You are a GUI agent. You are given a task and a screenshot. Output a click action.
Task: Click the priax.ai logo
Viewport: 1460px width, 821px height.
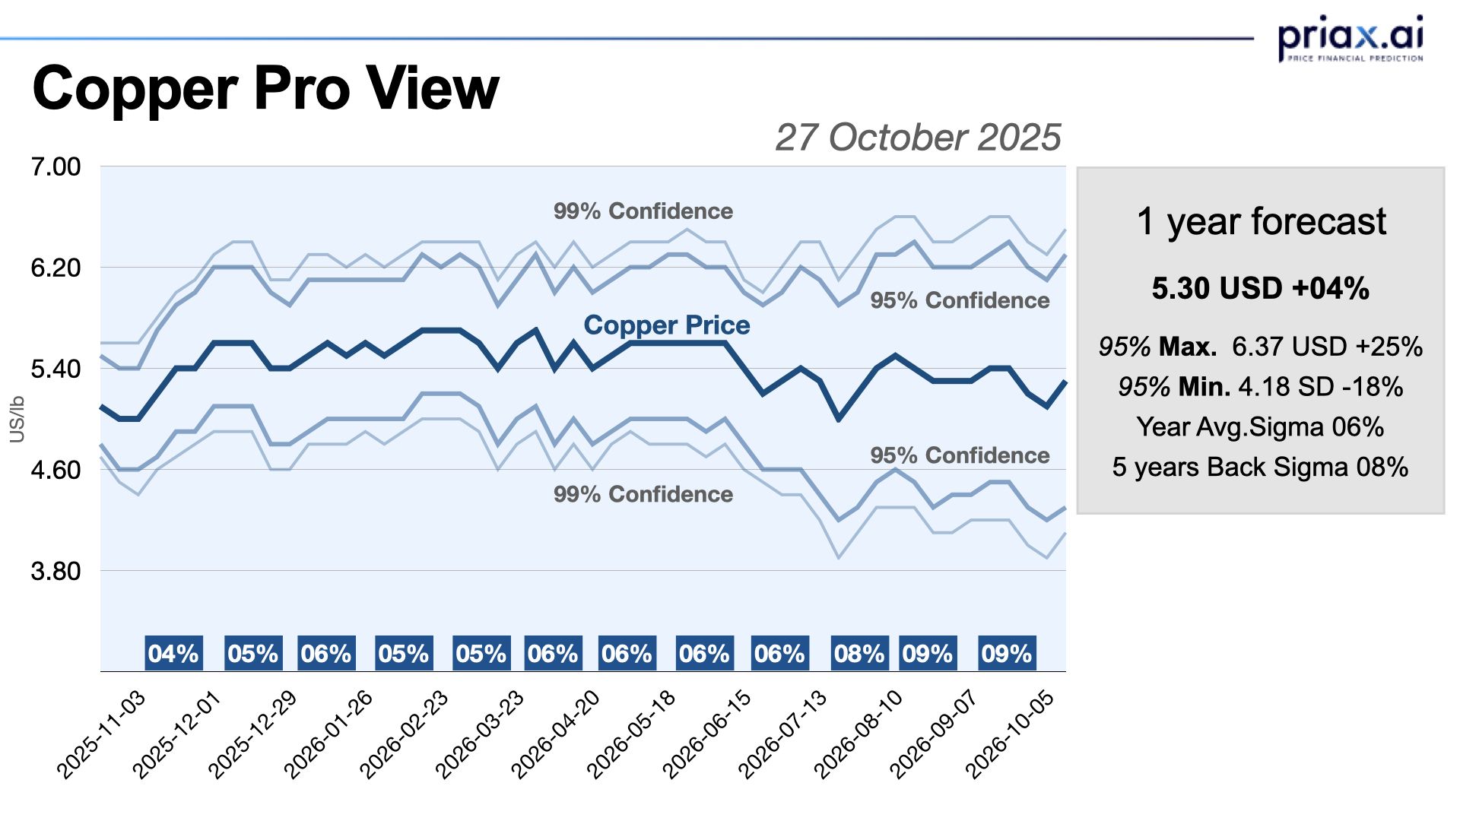click(x=1350, y=37)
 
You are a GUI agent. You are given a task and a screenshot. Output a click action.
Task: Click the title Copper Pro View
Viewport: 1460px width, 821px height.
click(x=265, y=88)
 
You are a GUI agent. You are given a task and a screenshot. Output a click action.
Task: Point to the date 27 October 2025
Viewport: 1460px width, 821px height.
click(x=917, y=138)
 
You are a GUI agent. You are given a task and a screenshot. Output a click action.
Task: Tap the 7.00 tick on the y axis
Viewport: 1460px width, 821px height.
click(x=56, y=166)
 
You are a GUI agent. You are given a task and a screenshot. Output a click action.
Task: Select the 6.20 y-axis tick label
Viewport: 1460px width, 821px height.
click(x=56, y=268)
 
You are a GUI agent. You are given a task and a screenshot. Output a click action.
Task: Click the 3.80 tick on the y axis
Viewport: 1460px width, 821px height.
click(x=56, y=571)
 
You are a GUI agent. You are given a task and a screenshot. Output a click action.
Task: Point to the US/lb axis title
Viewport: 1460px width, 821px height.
click(x=17, y=419)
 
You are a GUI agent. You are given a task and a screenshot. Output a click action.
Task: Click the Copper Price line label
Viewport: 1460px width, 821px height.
click(x=666, y=325)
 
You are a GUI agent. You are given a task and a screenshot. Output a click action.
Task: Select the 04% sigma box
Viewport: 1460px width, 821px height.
click(x=173, y=654)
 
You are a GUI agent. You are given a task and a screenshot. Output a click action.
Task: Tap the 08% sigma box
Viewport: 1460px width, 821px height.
click(x=859, y=654)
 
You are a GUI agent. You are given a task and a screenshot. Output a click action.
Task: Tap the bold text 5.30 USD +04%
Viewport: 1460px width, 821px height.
click(x=1260, y=289)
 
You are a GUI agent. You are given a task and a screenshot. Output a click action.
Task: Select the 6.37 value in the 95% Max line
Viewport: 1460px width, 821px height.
click(x=1258, y=347)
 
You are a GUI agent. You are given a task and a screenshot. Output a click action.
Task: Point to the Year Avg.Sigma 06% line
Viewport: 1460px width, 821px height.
click(x=1260, y=427)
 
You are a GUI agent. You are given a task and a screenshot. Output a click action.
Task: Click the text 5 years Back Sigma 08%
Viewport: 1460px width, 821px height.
click(x=1260, y=467)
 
